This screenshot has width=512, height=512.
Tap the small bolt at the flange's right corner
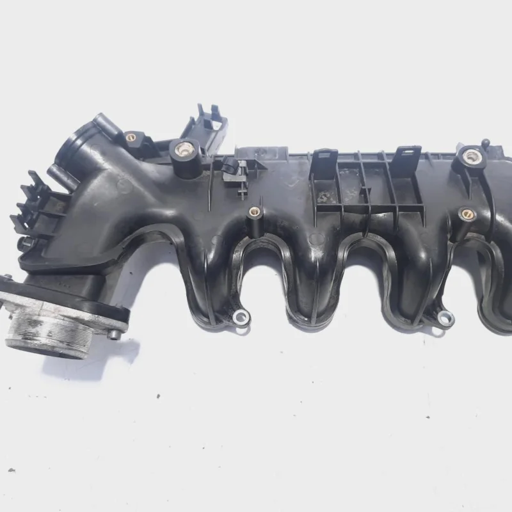tap(114, 333)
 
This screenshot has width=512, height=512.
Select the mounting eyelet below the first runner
tap(241, 316)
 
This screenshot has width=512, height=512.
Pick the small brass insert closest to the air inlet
tap(131, 136)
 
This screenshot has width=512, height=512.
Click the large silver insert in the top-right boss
tap(472, 155)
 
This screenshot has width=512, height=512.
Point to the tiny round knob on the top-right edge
tap(486, 141)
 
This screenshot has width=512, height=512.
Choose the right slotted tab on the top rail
tap(406, 158)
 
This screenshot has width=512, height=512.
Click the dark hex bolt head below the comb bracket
tap(26, 244)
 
